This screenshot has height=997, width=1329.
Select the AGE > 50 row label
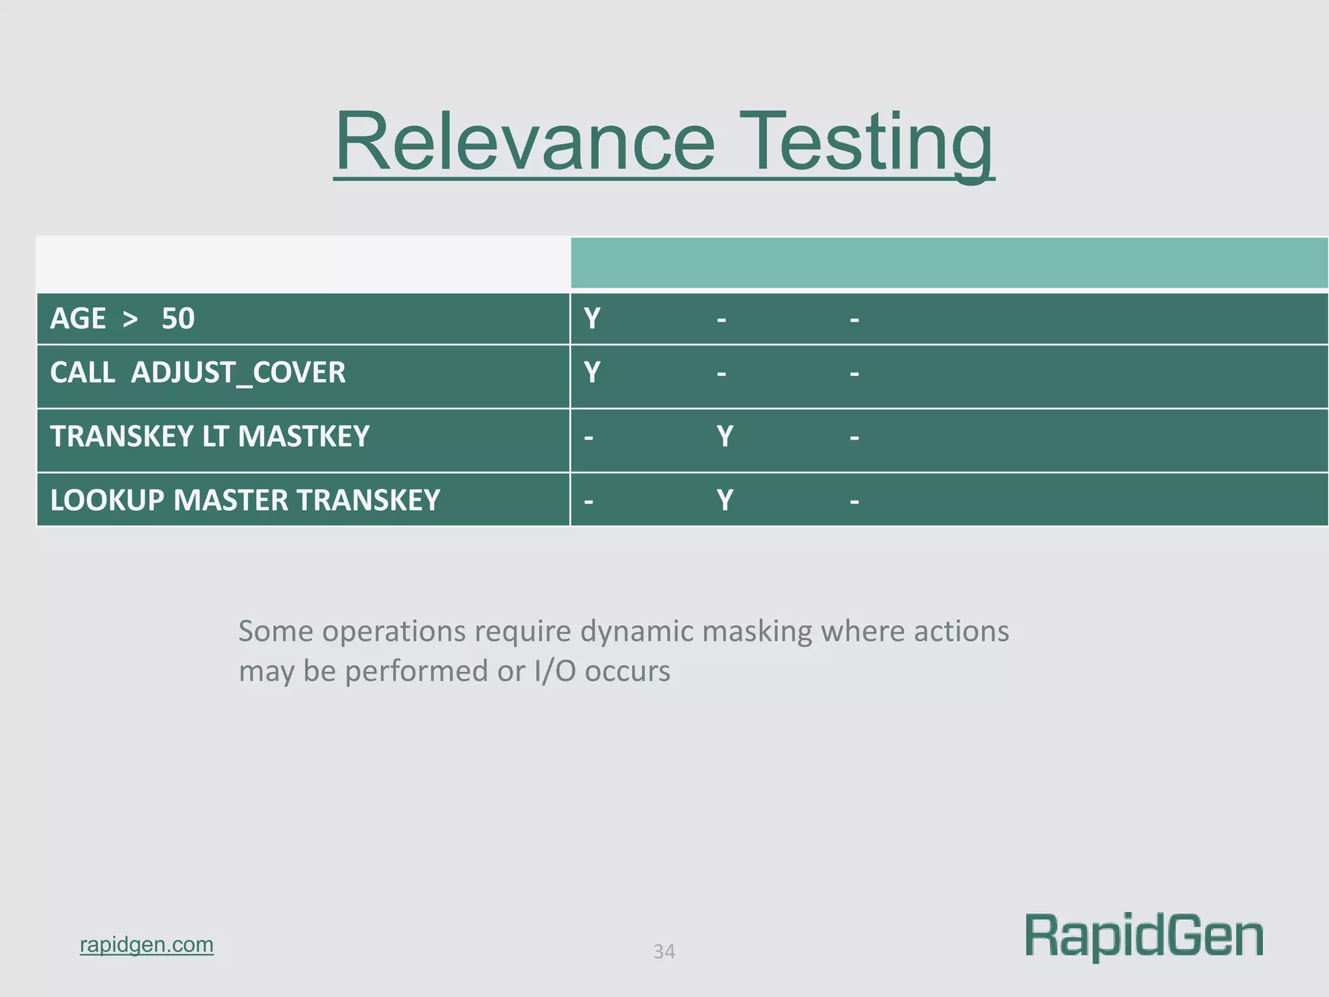122,319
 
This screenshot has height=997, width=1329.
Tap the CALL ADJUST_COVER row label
197,373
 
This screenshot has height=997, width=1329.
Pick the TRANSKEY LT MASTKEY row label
210,436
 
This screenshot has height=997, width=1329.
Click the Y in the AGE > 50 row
592,319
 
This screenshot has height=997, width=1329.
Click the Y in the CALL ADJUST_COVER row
592,373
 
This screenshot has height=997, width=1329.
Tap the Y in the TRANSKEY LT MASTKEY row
725,436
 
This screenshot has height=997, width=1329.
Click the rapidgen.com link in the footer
147,944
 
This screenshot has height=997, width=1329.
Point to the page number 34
664,952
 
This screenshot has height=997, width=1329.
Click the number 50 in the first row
178,319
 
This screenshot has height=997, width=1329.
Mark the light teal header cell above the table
949,263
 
